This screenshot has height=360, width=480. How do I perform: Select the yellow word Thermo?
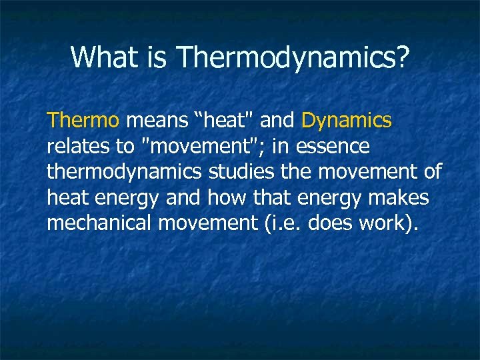point(83,121)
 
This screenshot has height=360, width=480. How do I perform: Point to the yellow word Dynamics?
point(347,121)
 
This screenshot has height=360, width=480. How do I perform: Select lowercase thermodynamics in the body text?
point(124,172)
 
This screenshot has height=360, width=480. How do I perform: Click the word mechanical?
point(99,223)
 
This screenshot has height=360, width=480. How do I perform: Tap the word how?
point(223,197)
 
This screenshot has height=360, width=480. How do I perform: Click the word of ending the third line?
point(431,171)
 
